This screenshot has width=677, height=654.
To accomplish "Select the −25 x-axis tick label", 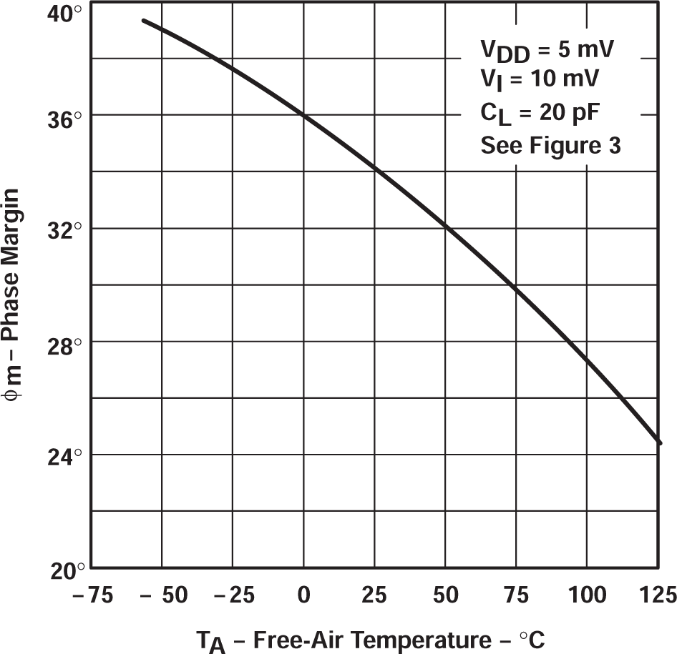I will pyautogui.click(x=230, y=595).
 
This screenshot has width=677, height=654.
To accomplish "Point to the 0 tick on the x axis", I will pyautogui.click(x=304, y=595).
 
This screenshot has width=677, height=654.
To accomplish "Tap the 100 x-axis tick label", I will pyautogui.click(x=587, y=595).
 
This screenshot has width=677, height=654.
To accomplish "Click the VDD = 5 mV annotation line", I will pyautogui.click(x=547, y=52).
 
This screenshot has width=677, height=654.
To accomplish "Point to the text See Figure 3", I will pyautogui.click(x=550, y=146).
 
